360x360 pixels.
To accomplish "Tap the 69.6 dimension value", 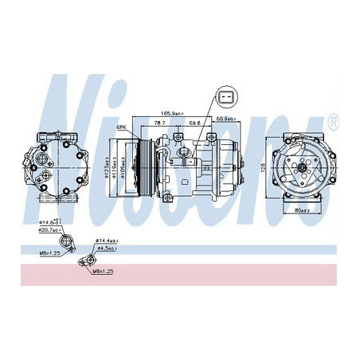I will (194, 123).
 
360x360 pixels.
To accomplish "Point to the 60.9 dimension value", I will (225, 118).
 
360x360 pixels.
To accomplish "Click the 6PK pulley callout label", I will (122, 127).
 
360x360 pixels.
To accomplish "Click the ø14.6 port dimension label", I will (52, 220).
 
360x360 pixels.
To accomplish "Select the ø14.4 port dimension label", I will (107, 240).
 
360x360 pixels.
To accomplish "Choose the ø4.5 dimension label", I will (107, 248).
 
